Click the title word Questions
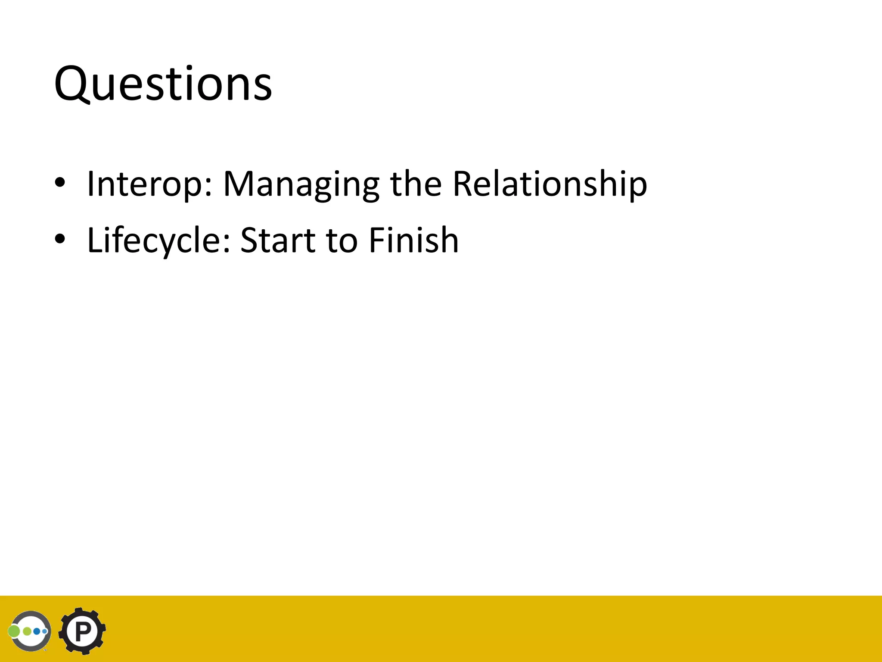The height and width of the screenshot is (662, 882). (x=163, y=84)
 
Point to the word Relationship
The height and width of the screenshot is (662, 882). (x=550, y=184)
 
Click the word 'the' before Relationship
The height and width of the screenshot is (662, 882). (x=416, y=184)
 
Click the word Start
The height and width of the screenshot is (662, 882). (x=278, y=240)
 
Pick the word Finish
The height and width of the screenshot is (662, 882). (x=413, y=240)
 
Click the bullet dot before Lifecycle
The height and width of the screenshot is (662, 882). (x=60, y=240)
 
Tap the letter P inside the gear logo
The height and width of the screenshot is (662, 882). (x=82, y=632)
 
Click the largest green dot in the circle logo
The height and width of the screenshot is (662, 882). (x=14, y=631)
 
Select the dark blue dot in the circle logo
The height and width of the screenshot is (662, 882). (x=37, y=631)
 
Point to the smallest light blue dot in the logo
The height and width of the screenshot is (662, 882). (x=45, y=631)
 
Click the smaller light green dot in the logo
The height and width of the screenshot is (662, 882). (x=27, y=631)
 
